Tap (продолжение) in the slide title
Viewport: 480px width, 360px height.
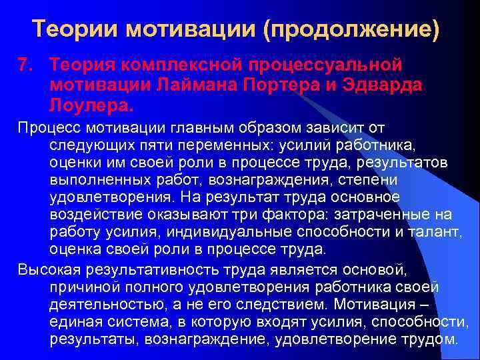(x=353, y=29)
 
